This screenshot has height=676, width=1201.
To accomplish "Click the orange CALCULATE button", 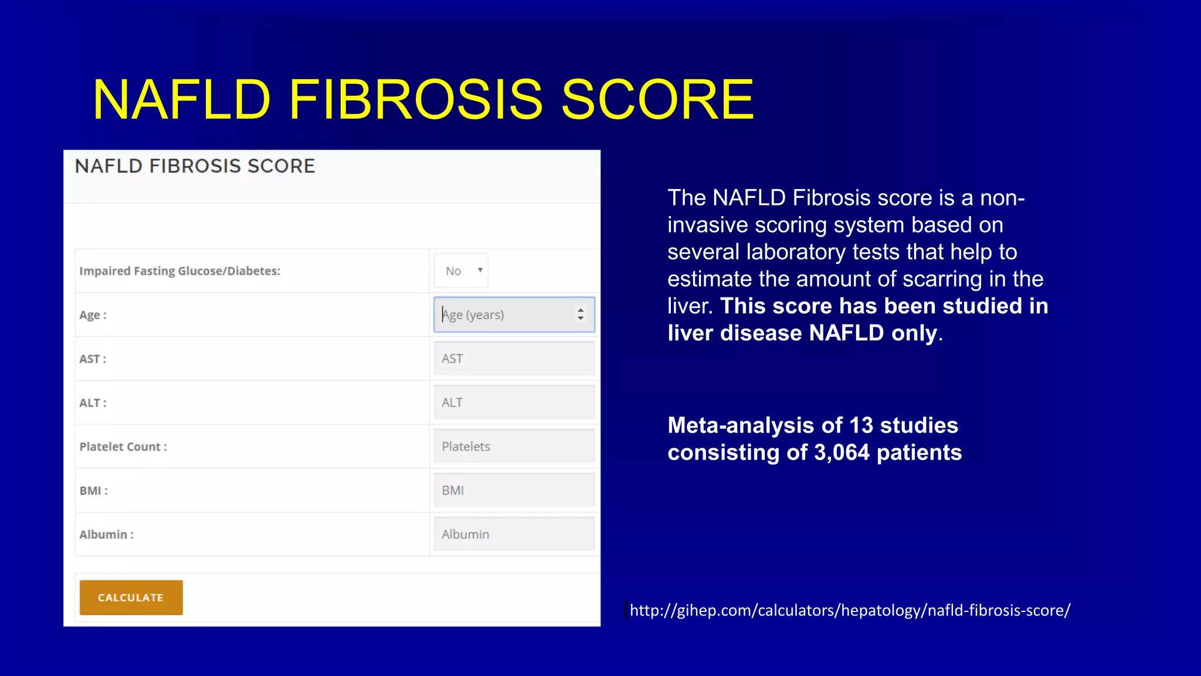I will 131,597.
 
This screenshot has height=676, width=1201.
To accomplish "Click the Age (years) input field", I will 504,315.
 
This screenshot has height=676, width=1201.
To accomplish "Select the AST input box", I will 514,359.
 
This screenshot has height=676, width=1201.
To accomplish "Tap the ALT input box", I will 514,403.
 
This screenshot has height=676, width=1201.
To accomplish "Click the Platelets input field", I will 514,447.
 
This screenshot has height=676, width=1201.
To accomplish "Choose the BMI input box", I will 514,491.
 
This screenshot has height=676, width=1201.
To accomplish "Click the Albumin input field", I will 514,534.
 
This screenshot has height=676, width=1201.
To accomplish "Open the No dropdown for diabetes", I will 462,271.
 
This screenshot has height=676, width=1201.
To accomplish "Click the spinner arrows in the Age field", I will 580,315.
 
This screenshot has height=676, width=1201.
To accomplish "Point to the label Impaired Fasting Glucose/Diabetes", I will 179,271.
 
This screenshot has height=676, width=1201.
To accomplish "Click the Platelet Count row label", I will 123,447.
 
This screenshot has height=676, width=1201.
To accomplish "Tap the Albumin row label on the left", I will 106,535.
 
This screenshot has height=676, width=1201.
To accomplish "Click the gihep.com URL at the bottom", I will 850,610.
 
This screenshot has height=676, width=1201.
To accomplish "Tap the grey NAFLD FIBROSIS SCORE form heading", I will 195,166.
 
